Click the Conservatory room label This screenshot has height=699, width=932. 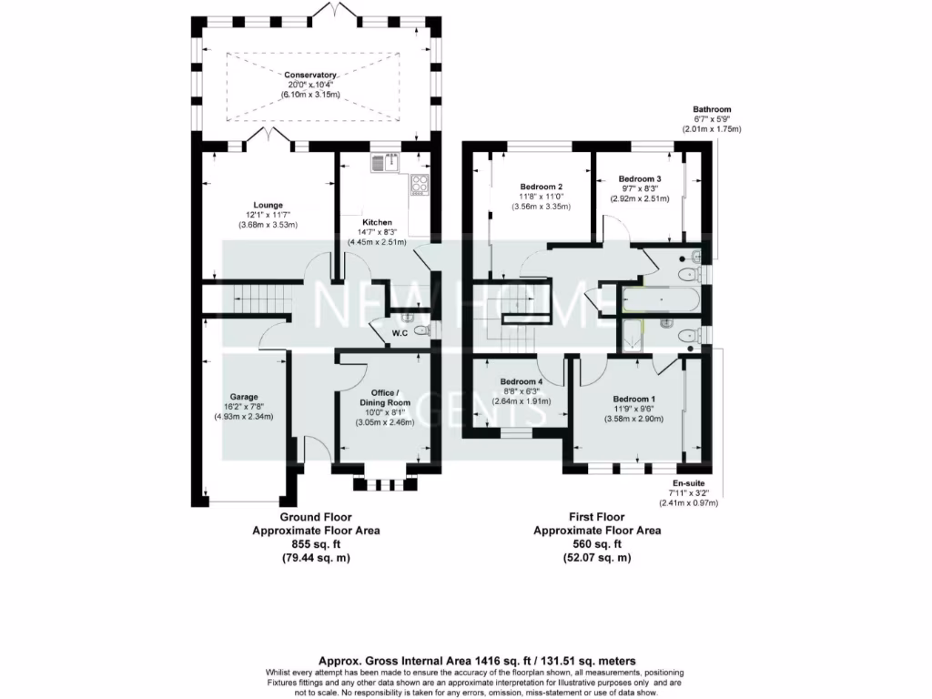click(x=310, y=75)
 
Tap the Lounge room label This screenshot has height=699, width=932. click(x=268, y=205)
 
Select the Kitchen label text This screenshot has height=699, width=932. click(x=377, y=222)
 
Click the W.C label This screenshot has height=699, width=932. click(x=399, y=332)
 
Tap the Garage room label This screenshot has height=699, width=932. click(x=243, y=397)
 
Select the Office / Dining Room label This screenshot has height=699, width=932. click(x=384, y=398)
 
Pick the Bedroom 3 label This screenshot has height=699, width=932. click(x=639, y=178)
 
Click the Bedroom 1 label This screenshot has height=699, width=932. click(x=633, y=400)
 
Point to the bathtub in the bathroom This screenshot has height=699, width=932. click(x=659, y=299)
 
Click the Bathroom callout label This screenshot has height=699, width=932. click(x=712, y=109)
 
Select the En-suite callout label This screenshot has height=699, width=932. click(x=688, y=482)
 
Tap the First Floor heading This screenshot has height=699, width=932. click(x=597, y=516)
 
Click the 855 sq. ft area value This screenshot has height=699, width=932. click(x=316, y=543)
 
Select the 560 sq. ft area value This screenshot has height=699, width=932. click(x=597, y=543)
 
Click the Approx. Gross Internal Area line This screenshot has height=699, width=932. click(x=477, y=660)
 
